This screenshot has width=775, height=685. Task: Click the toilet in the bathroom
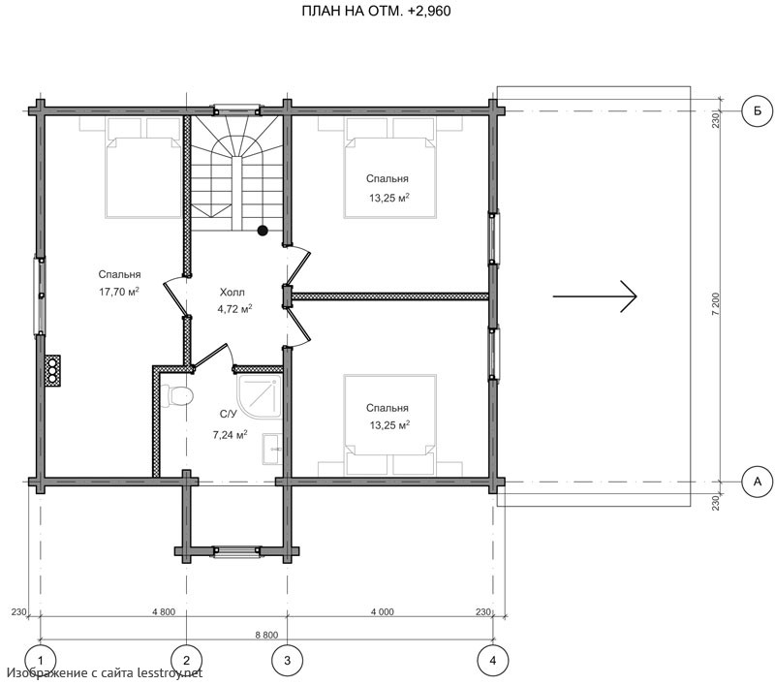coord(177,396)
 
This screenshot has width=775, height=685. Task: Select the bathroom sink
coord(272,450)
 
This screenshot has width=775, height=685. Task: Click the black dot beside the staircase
coord(263,230)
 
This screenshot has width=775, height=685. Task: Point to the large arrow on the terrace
coord(595,296)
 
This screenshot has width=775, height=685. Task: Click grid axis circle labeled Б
coord(758,111)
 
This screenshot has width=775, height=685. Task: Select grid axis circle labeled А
coord(758,482)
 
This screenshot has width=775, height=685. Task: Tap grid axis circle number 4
coord(493,660)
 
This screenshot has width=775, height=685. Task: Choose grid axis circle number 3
coord(287,660)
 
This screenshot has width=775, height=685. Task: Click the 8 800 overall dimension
coord(266,635)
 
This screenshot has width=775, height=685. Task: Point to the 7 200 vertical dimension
coord(716,305)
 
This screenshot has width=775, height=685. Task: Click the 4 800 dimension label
coord(164,612)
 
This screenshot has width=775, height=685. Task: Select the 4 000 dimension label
coord(382,612)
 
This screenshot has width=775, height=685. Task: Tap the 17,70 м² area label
coord(119,292)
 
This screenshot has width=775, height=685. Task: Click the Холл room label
coord(232,292)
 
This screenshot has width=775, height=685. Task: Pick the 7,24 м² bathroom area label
coord(231,435)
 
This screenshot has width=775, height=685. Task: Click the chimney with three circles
coord(52,370)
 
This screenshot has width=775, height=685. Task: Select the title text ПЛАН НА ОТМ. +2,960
coord(376,11)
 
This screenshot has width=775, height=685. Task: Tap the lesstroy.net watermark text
coord(105,672)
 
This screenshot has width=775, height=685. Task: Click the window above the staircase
coord(236,109)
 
